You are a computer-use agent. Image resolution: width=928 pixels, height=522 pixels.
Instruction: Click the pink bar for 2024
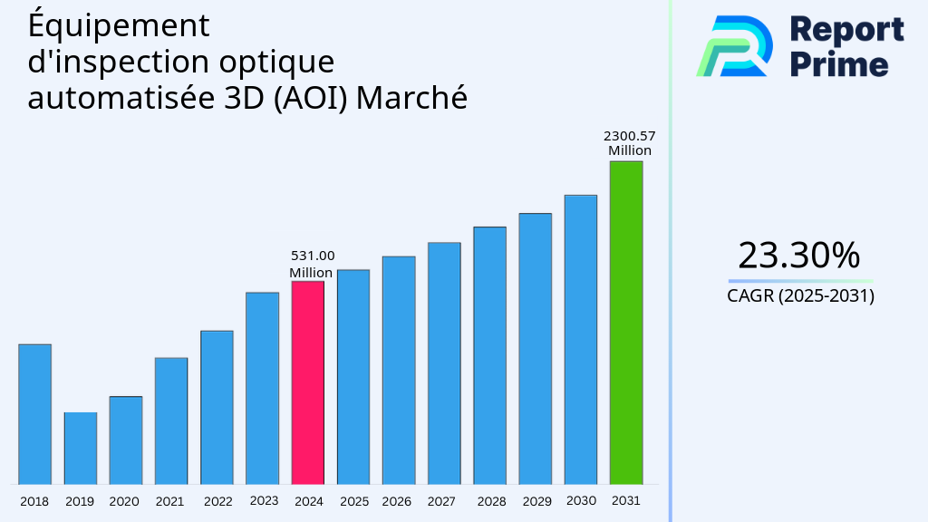pyautogui.click(x=307, y=382)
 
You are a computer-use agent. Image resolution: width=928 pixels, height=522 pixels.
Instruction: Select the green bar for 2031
pyautogui.click(x=625, y=323)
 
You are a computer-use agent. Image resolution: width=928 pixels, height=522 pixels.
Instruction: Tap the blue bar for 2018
pyautogui.click(x=34, y=414)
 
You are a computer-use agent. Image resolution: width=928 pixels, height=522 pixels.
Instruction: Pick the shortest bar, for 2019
pyautogui.click(x=80, y=449)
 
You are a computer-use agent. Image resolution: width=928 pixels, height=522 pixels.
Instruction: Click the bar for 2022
pyautogui.click(x=217, y=407)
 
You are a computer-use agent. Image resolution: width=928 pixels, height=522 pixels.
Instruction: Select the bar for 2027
pyautogui.click(x=444, y=362)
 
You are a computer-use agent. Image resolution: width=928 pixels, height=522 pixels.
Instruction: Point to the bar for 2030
pyautogui.click(x=580, y=339)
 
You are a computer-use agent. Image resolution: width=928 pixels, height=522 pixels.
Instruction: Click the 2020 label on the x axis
pyautogui.click(x=124, y=501)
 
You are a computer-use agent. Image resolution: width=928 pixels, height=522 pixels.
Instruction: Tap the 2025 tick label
pyautogui.click(x=353, y=501)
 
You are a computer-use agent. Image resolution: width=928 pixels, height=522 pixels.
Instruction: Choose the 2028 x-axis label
pyautogui.click(x=491, y=501)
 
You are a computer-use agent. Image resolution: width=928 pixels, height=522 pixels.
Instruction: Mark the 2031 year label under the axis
pyautogui.click(x=625, y=500)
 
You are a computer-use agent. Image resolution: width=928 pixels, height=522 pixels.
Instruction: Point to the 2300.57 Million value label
pyautogui.click(x=629, y=143)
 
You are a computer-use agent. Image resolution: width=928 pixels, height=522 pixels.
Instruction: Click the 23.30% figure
pyautogui.click(x=798, y=256)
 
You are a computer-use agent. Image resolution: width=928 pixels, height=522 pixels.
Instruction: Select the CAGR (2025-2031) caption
pyautogui.click(x=800, y=296)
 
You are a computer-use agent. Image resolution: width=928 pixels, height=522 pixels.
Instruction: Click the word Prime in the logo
pyautogui.click(x=839, y=64)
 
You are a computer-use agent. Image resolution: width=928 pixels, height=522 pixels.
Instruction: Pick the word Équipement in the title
pyautogui.click(x=119, y=26)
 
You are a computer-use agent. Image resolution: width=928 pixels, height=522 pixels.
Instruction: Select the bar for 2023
pyautogui.click(x=262, y=388)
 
